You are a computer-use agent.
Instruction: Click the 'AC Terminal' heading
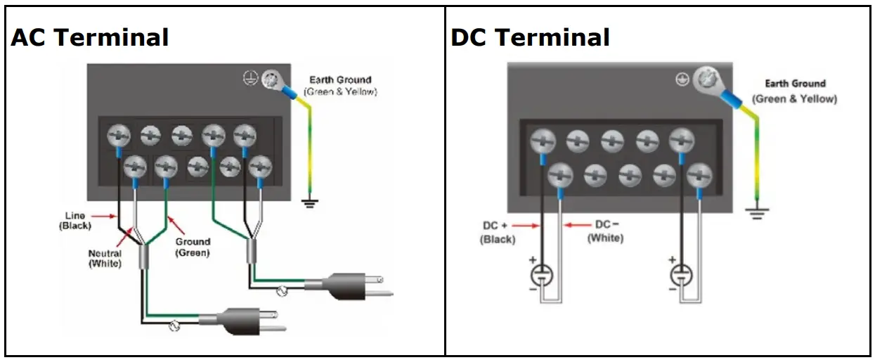89,37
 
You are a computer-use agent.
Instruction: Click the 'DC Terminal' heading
530,37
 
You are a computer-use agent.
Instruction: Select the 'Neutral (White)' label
105,258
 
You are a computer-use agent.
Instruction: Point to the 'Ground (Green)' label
193,247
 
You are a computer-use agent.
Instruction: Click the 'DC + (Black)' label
498,233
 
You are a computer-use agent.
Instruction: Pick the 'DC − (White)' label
605,231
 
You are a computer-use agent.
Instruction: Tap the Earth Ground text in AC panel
340,86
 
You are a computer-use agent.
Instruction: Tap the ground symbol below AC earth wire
309,203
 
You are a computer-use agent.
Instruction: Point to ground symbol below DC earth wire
756,212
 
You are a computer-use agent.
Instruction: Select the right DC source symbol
682,274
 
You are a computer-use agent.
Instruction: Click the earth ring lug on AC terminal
269,80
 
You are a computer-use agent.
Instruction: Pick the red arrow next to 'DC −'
578,226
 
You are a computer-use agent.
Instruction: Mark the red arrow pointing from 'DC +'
528,226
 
